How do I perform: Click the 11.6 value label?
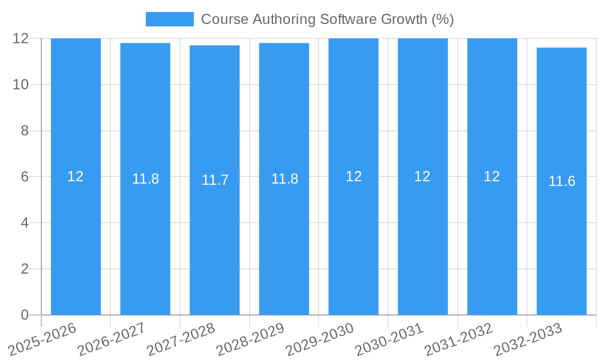562,181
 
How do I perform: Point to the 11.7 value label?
215,180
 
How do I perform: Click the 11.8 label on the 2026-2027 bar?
145,179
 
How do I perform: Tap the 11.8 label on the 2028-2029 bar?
284,179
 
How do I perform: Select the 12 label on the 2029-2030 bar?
353,176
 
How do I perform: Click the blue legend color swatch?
169,19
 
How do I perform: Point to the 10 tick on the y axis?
21,85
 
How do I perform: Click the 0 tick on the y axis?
25,315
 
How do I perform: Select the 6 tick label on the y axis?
25,177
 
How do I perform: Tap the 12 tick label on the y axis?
21,38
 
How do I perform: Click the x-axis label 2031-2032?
459,339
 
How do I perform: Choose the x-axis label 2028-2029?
251,339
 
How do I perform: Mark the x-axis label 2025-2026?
43,339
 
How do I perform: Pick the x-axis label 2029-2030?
320,339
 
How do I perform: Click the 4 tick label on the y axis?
25,223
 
